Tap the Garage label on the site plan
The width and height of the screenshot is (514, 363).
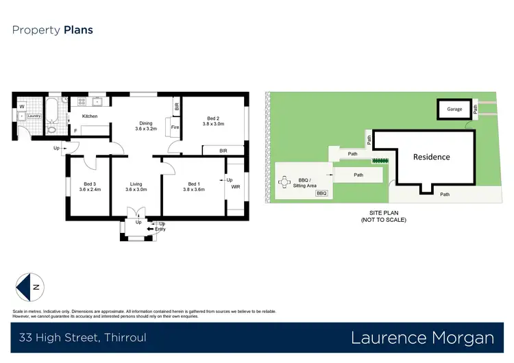coord(454,109)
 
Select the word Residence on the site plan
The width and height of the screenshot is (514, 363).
coord(431,157)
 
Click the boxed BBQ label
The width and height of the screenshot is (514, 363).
coord(321,194)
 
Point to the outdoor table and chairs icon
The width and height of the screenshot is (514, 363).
coord(285,182)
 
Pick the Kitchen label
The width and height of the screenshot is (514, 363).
coord(90,116)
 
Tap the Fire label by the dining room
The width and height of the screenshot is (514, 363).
coord(174,127)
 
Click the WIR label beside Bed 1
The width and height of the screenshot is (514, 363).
coord(235,186)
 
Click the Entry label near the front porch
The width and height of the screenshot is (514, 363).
coord(160,229)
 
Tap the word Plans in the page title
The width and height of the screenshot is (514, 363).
coord(78,30)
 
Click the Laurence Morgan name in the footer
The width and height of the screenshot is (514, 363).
coord(422,338)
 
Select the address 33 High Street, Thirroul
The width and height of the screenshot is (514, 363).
coord(82,338)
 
